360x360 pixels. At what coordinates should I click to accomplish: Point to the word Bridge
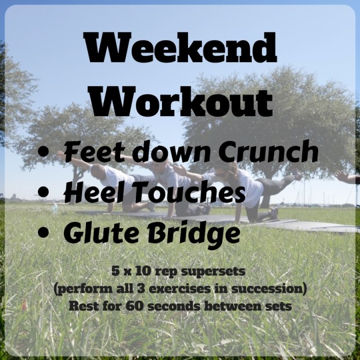click(x=195, y=233)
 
